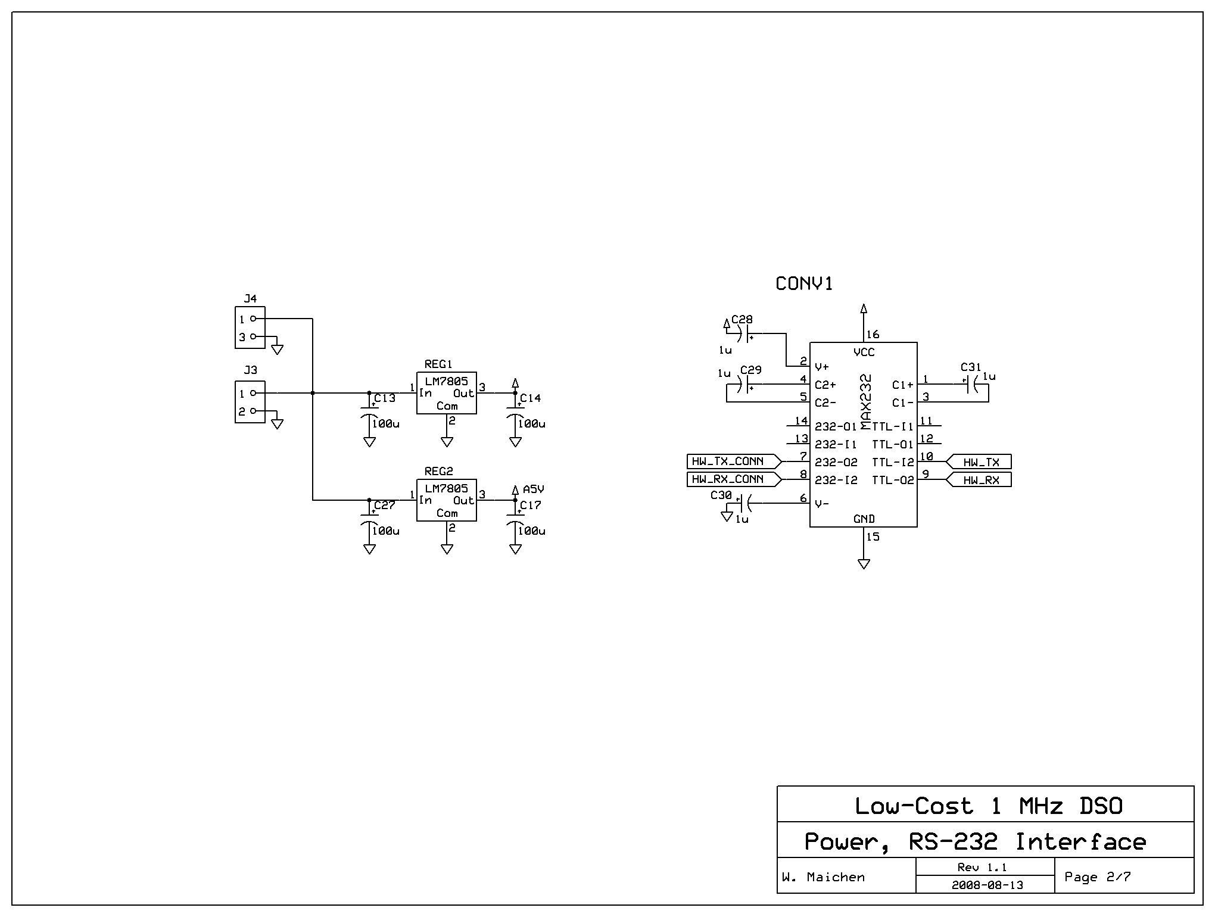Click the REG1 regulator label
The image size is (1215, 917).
[x=438, y=364]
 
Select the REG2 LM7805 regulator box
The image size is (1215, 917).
[x=446, y=500]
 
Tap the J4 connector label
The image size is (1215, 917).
[x=250, y=298]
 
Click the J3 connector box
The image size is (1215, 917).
[x=250, y=402]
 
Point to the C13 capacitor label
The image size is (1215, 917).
[x=385, y=398]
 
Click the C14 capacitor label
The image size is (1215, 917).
[x=530, y=398]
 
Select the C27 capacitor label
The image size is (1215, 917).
[x=385, y=505]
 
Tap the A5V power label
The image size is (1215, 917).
[x=533, y=489]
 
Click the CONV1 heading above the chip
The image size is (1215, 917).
[x=804, y=284]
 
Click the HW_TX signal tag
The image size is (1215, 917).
[x=980, y=462]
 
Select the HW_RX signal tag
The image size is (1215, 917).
[x=980, y=480]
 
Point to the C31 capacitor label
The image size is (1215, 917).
[x=970, y=367]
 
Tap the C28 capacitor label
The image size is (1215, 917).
[x=742, y=320]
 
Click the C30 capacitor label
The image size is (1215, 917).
[x=721, y=495]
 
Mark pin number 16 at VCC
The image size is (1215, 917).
[x=873, y=335]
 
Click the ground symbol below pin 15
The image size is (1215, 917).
[x=864, y=564]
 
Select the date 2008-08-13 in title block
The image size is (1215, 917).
[x=987, y=885]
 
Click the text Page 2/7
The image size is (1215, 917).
[x=1097, y=877]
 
